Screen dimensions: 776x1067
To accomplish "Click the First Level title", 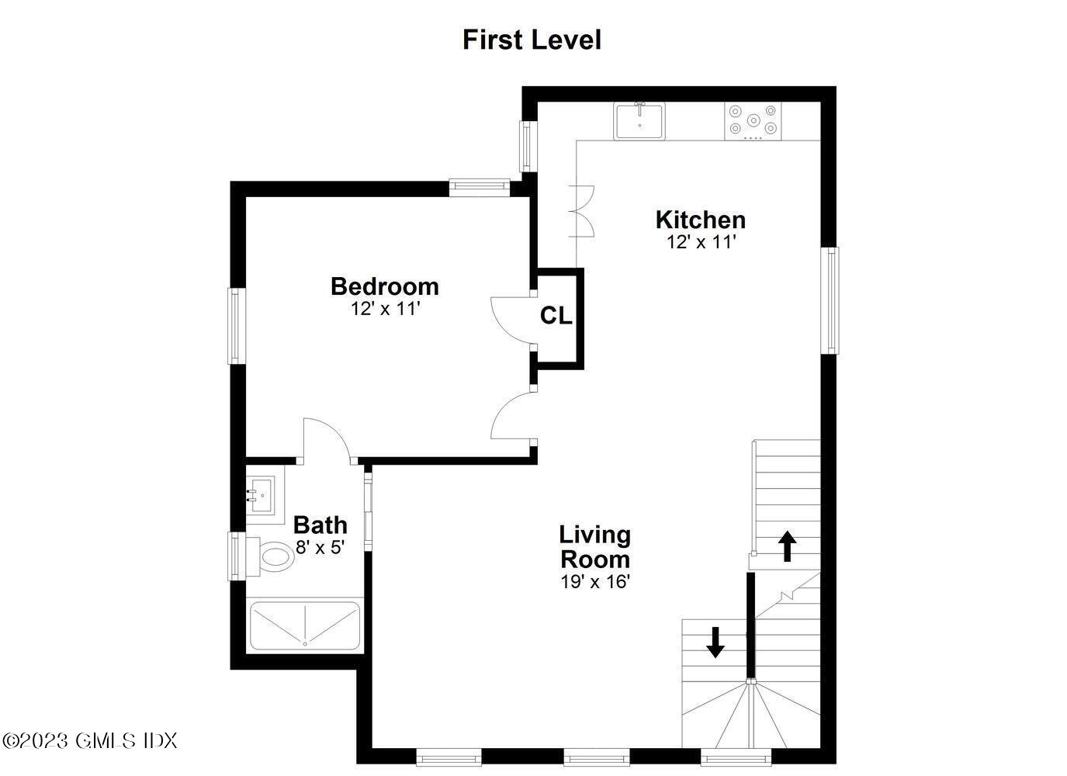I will (532, 40).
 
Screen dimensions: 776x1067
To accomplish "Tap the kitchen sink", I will (639, 121).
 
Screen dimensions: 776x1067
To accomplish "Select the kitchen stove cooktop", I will (753, 121).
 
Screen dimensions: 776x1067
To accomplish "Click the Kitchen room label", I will (700, 220).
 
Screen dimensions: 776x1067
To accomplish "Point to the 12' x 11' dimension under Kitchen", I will (700, 242).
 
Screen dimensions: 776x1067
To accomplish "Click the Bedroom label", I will (384, 286).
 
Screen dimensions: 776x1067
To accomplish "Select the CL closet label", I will (556, 316).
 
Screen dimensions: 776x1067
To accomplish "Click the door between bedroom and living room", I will (511, 416).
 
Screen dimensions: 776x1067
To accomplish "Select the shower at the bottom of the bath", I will (304, 625).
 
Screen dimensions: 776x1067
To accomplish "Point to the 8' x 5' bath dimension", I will (320, 547).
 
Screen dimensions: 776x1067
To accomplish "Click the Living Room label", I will (594, 546).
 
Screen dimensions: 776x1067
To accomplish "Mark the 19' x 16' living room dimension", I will (594, 582).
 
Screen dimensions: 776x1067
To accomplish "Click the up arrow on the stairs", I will (787, 546).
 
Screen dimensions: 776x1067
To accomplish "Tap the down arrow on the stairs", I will (715, 642).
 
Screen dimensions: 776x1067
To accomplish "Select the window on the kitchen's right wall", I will (830, 300).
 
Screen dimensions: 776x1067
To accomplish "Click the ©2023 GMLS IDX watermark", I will (90, 740).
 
